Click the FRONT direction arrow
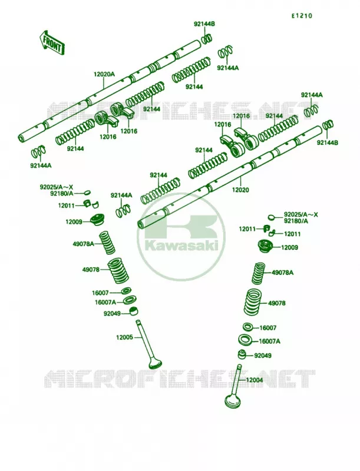coord(52,42)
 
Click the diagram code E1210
coord(302,16)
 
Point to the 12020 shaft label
coord(240,190)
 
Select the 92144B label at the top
coord(204,24)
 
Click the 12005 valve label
coord(124,337)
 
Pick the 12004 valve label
coord(255,380)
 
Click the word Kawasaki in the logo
coord(181,246)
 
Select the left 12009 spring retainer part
coord(98,220)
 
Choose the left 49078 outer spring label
coord(91,270)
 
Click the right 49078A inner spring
coord(259,274)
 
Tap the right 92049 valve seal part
coord(243,354)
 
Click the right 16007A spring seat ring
coord(246,340)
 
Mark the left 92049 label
coord(112,314)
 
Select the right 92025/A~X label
coord(301,215)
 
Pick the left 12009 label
coord(74,222)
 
